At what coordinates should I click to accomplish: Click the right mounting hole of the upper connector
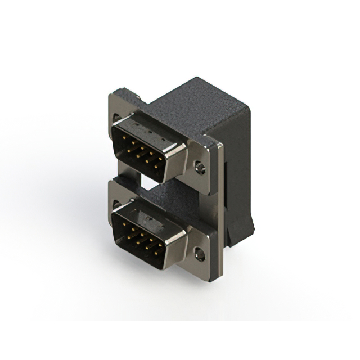point(199,166)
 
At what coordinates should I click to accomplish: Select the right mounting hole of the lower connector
point(199,253)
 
